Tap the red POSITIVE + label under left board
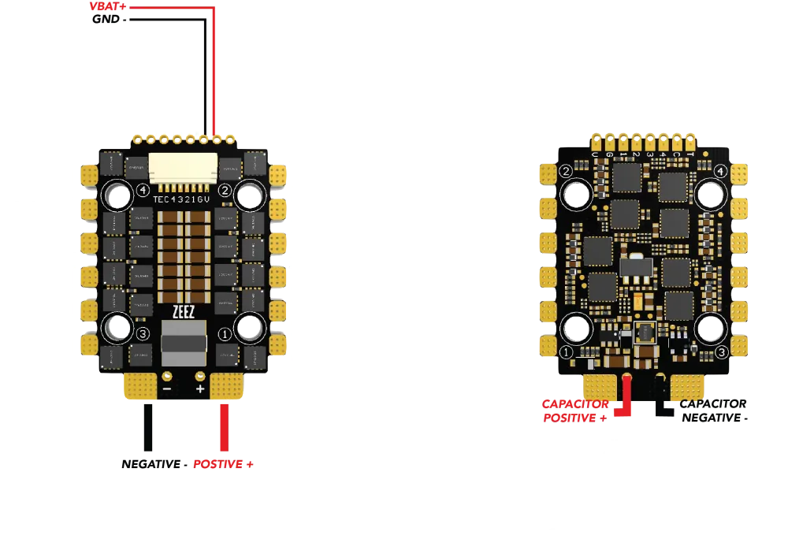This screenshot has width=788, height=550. click(x=224, y=465)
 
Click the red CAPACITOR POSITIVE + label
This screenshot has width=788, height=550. click(x=575, y=411)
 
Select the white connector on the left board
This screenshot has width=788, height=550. click(x=183, y=167)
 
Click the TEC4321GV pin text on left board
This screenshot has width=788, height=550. click(x=183, y=200)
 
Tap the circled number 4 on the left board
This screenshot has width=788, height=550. click(x=143, y=190)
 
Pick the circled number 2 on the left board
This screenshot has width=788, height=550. click(x=225, y=190)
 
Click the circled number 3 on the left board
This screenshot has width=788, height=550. click(x=143, y=333)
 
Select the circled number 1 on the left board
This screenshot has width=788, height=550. click(x=225, y=333)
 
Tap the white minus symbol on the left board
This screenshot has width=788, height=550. click(x=167, y=388)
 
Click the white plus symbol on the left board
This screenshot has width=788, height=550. click(x=200, y=388)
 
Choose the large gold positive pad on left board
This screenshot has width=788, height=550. click(x=228, y=387)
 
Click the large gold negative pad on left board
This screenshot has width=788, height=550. click(x=140, y=387)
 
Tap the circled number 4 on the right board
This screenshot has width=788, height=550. click(x=719, y=171)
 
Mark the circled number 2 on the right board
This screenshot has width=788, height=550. click(x=565, y=171)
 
